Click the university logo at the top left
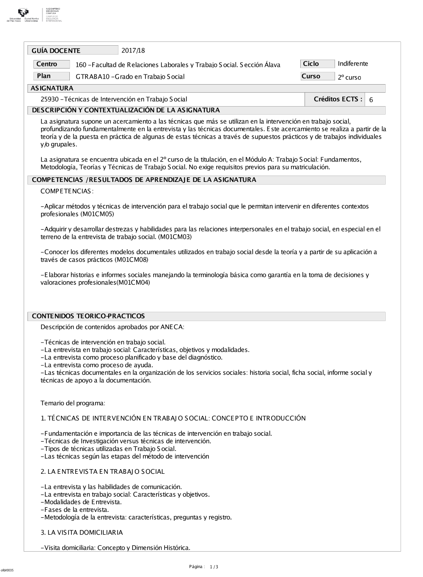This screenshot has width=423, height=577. tap(24, 15)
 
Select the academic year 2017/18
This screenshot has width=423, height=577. tap(133, 51)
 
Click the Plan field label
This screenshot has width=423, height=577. tap(44, 76)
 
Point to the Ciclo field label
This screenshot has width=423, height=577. tap(311, 64)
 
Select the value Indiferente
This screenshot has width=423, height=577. tap(353, 64)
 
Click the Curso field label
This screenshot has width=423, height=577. tap(311, 76)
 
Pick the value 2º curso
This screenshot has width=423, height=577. tap(349, 77)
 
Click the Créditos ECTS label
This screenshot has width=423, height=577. tap(338, 99)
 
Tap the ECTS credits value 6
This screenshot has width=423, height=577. tap(371, 100)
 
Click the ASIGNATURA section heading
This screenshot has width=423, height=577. tap(52, 88)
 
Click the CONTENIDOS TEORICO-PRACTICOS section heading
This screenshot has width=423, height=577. tap(88, 316)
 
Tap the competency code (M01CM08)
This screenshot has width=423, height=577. tap(131, 260)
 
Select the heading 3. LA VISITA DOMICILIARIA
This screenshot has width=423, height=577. tap(82, 533)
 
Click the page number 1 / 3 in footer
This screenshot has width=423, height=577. tap(214, 567)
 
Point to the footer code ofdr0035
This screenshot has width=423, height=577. tap(7, 570)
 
